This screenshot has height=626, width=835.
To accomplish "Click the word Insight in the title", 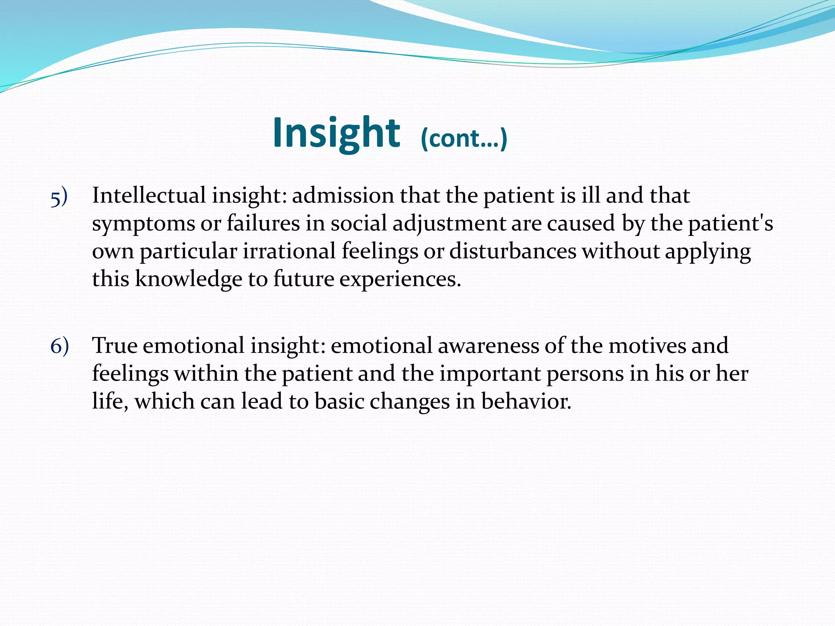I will (x=336, y=133).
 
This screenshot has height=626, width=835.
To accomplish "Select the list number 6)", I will (x=60, y=347).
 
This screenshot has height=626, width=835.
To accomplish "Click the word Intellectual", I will (x=149, y=195).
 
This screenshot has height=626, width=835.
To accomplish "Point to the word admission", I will (x=343, y=195).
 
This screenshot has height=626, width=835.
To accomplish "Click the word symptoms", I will (x=143, y=224).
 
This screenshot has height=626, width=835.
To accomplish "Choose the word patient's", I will (x=731, y=224).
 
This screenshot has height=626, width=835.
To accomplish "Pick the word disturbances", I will (x=512, y=251).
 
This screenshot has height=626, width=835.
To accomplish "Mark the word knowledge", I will (x=188, y=280).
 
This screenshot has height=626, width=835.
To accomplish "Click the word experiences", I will (x=400, y=280).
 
